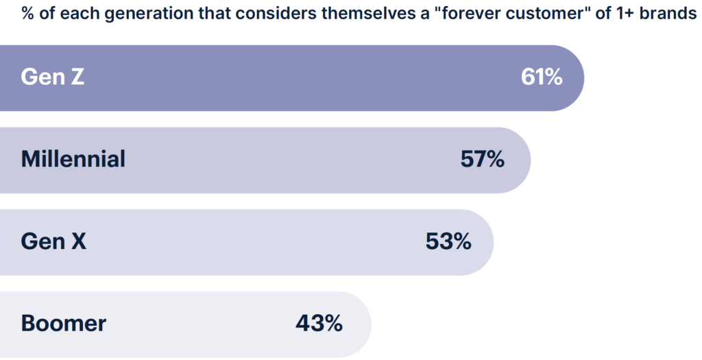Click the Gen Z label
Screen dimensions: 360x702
[x=53, y=77]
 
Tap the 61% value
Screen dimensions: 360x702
[x=542, y=77]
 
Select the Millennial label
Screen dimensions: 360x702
[x=73, y=159]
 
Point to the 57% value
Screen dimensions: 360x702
[x=483, y=159]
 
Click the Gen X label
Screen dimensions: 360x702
[x=53, y=241]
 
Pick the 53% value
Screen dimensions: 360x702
[x=448, y=241]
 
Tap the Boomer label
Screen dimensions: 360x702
[x=64, y=323]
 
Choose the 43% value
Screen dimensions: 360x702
[x=319, y=323]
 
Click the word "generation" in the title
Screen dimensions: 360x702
[x=124, y=14]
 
